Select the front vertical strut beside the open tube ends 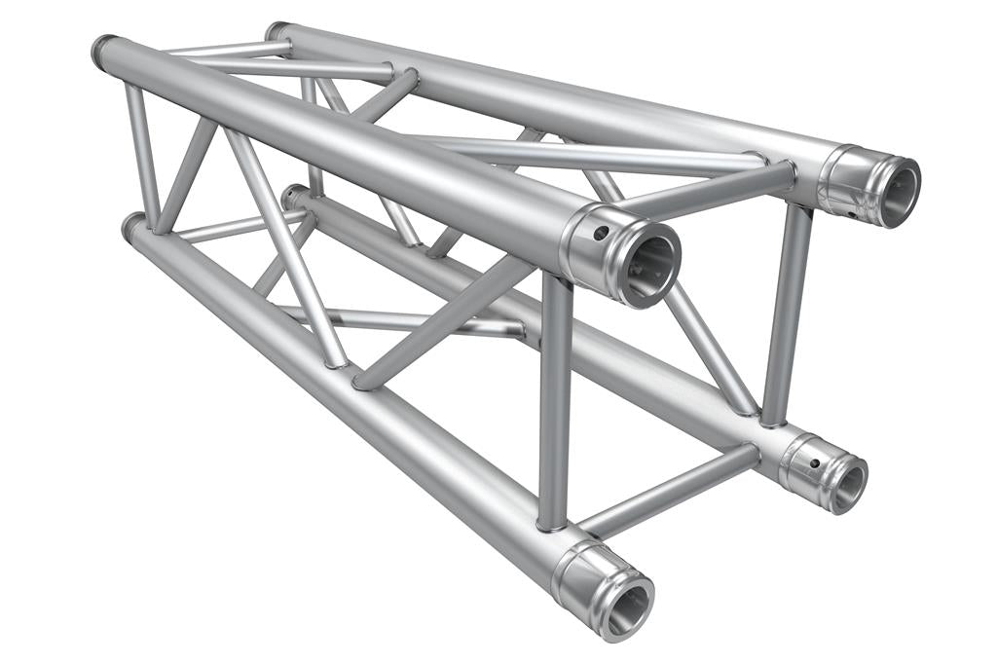coord(555,399)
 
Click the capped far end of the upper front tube coord(100,50)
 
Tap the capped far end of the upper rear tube coord(276,31)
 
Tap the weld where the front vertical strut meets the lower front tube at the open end coord(552,526)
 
